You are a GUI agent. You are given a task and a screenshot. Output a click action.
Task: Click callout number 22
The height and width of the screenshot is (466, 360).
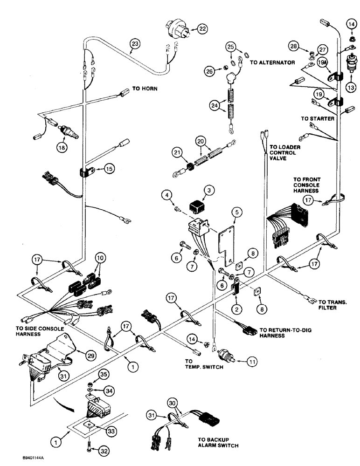[202, 29]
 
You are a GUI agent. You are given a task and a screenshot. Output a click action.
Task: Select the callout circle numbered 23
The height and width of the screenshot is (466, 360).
[135, 45]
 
